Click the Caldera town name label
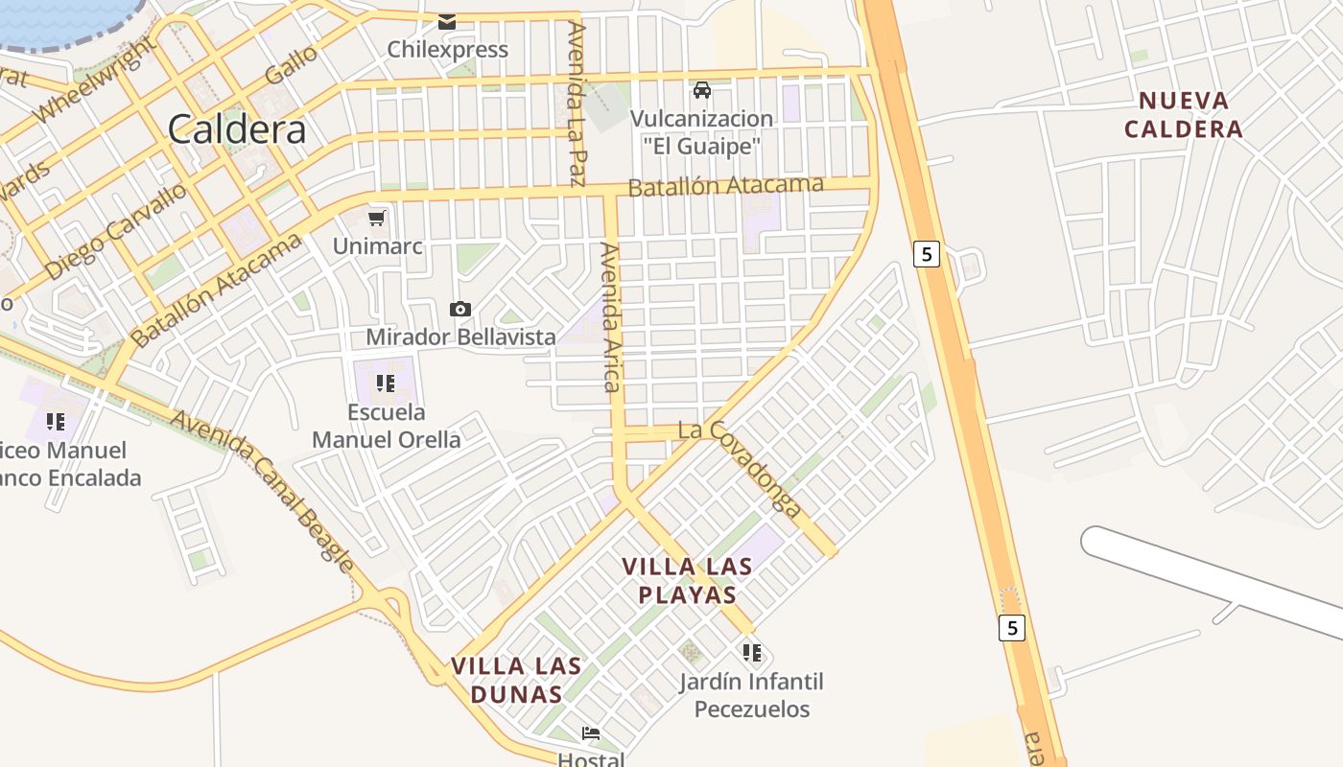click(237, 129)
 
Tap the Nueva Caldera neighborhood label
click(1183, 114)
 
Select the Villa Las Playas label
click(687, 580)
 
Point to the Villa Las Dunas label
click(516, 679)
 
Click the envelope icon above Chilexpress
click(447, 21)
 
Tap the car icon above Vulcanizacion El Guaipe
click(702, 90)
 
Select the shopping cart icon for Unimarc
click(378, 219)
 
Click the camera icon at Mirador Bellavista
click(460, 309)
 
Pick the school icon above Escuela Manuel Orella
click(386, 383)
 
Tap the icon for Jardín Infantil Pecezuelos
click(752, 653)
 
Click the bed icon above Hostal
click(591, 733)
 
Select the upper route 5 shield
click(927, 254)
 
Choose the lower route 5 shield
click(1011, 628)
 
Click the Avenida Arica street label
click(611, 316)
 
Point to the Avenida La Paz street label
click(577, 103)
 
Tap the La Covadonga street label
click(740, 468)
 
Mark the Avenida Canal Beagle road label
click(262, 489)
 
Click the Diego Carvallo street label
click(115, 231)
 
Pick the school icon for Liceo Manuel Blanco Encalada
click(55, 421)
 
